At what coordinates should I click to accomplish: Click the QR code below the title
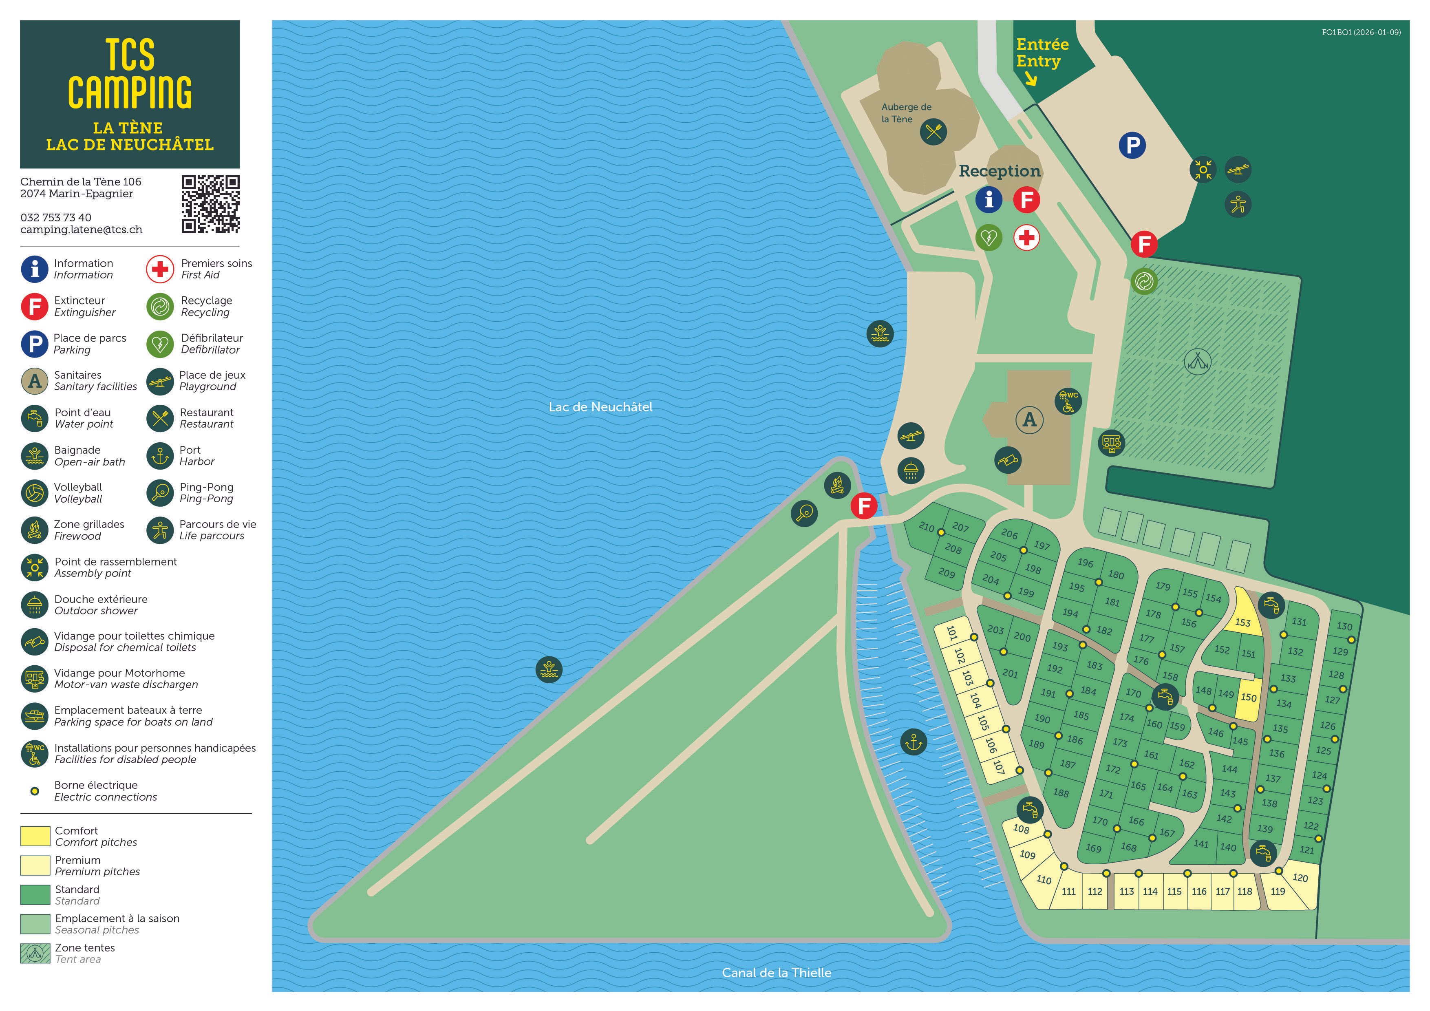(210, 204)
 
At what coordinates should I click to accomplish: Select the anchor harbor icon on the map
(913, 742)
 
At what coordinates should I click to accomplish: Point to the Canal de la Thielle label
(776, 972)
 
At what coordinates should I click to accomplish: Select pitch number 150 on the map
(1248, 697)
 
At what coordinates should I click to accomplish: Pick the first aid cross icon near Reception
(1026, 237)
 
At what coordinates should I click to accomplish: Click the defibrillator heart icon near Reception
(989, 237)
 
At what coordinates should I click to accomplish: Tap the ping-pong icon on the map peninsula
(804, 513)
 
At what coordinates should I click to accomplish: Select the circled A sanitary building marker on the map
(1030, 419)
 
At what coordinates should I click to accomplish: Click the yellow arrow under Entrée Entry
(1031, 79)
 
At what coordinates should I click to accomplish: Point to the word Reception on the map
(999, 171)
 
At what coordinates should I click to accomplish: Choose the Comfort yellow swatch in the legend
(35, 836)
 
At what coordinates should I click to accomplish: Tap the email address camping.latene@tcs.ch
(81, 229)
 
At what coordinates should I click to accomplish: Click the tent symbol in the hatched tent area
(1197, 361)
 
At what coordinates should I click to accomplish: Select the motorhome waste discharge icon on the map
(1111, 443)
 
